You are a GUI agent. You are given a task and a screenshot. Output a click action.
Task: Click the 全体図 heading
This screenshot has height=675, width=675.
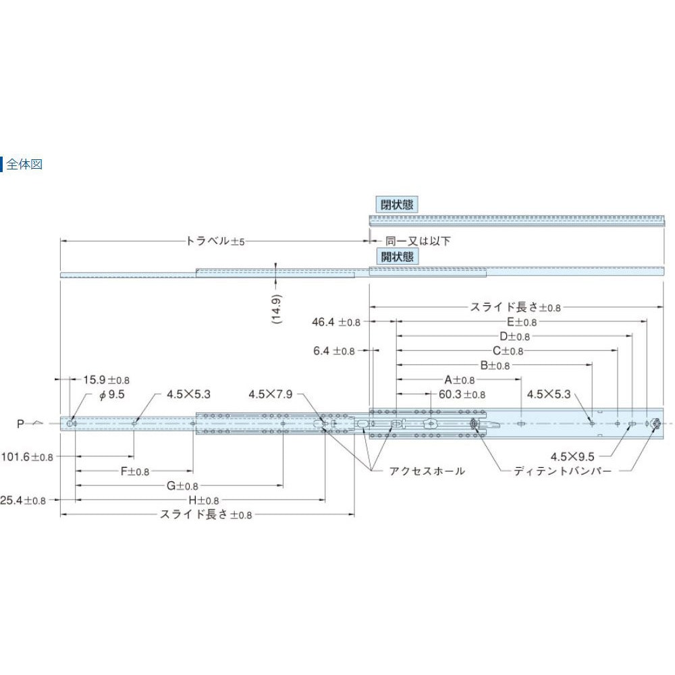tap(24, 164)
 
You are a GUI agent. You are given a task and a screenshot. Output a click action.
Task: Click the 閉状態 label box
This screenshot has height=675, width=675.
tap(396, 204)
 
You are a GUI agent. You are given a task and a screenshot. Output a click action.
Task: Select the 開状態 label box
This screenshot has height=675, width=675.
tap(396, 256)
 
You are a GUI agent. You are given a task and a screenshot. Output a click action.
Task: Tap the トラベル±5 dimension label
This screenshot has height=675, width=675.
tap(215, 241)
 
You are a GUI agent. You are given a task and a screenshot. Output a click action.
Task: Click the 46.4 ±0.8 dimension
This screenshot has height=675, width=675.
tap(336, 322)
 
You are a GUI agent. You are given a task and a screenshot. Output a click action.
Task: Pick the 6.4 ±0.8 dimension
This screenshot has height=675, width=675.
tap(334, 351)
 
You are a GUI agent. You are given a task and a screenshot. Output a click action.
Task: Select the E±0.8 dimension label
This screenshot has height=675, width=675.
tap(522, 322)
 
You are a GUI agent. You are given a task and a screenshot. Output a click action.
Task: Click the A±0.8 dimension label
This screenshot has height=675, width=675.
tap(459, 380)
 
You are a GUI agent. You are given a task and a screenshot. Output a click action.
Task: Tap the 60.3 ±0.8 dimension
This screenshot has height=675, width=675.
tap(462, 394)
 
